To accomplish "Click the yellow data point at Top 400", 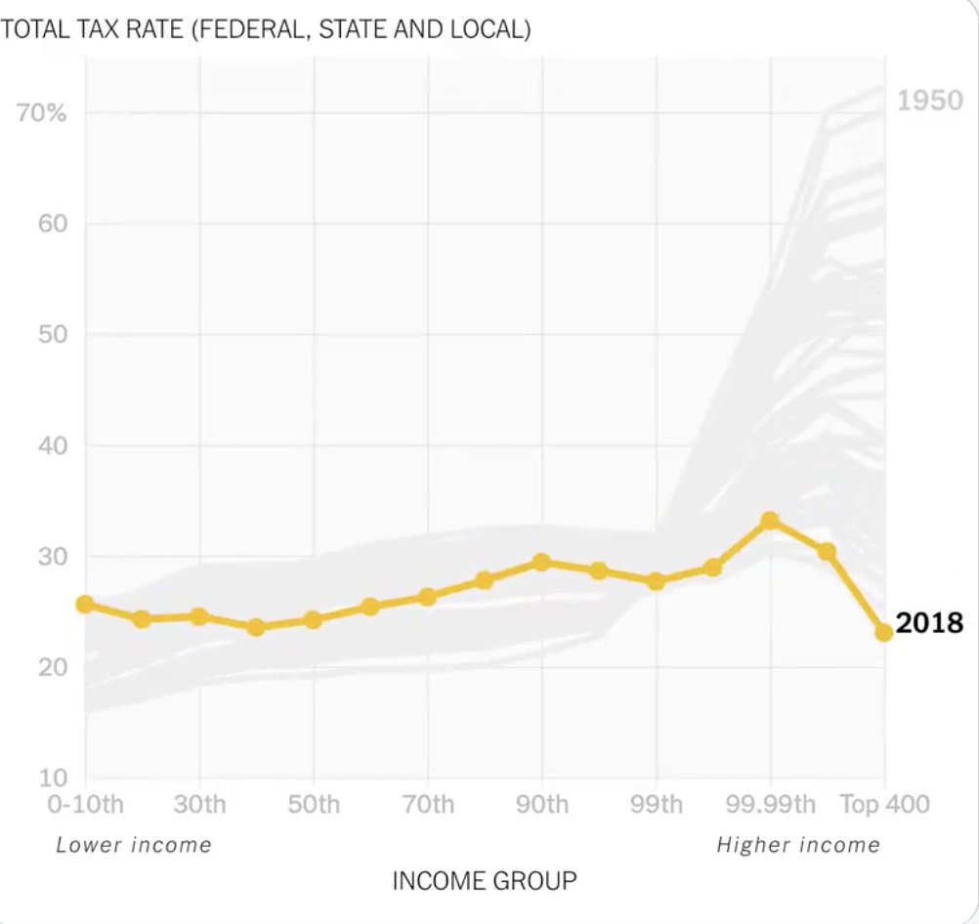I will click(883, 632).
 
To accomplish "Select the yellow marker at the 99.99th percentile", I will click(770, 521).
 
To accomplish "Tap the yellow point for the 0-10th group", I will click(85, 605).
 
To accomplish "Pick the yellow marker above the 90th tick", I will click(541, 562).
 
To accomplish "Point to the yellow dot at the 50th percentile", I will click(313, 619).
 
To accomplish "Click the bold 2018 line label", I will click(929, 623).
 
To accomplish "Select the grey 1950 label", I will click(929, 100).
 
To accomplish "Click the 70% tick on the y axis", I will click(42, 112).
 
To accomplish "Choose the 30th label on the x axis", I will click(199, 804).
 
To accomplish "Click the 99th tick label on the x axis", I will click(656, 804).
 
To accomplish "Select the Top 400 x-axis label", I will click(884, 804).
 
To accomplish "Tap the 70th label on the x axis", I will click(428, 804).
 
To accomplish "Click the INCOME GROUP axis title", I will click(484, 880).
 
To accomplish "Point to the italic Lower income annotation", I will click(133, 845).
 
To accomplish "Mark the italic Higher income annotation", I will click(797, 845).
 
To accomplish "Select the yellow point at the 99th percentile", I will click(656, 581).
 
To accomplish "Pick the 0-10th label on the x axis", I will click(85, 804).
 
